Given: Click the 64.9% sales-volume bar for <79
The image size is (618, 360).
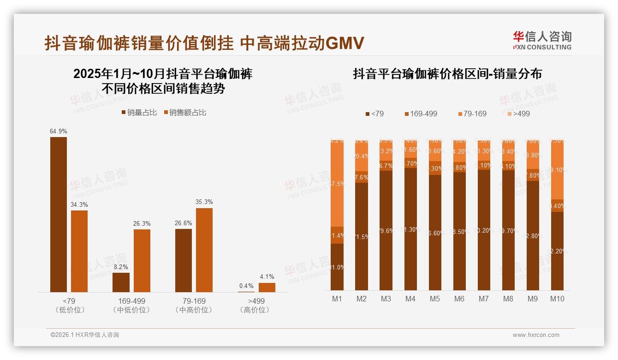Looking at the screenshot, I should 59,215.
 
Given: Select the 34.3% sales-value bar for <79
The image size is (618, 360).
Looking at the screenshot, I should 79,251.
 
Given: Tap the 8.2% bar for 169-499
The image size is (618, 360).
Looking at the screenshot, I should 121,282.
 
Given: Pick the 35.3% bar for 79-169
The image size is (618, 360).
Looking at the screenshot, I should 204,250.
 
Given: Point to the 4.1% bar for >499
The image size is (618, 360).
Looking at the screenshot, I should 267,287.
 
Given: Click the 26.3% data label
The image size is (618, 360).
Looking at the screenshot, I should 142,224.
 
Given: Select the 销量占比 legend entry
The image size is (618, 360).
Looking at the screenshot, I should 139,113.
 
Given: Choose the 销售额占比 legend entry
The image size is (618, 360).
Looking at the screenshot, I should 184,113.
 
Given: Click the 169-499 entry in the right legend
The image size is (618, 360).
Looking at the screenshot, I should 421,114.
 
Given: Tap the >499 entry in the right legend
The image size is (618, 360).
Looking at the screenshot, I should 518,114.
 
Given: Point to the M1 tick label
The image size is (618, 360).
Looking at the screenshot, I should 337,299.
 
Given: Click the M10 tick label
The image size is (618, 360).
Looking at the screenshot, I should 557,299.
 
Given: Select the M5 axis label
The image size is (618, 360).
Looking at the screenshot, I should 435,299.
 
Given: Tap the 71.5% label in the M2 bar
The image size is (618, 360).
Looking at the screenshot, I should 362,237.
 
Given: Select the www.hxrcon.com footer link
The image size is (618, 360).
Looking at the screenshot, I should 535,335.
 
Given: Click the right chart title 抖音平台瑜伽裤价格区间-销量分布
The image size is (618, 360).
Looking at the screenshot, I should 447,74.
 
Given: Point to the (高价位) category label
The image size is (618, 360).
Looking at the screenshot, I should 255,310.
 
